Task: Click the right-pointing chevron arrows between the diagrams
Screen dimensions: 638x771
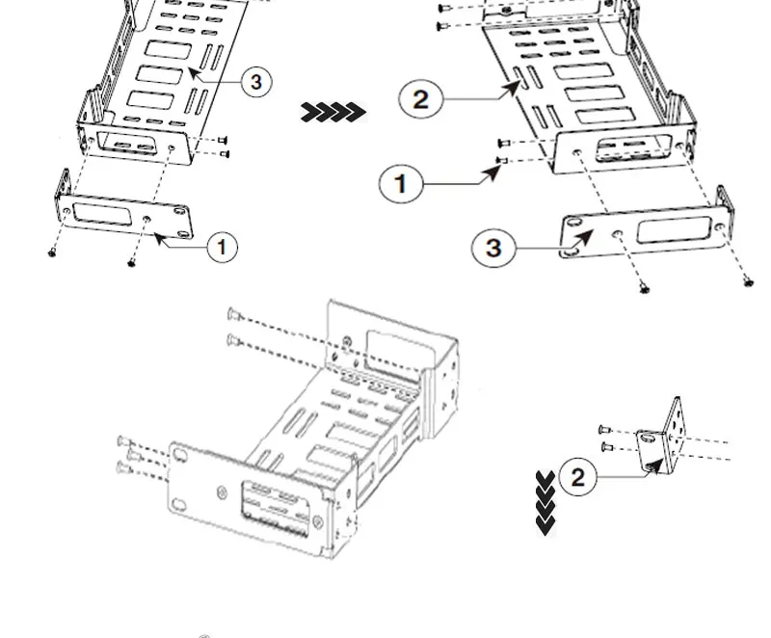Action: (x=333, y=113)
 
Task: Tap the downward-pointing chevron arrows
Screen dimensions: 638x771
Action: (x=545, y=502)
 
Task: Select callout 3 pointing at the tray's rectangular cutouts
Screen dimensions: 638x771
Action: (x=255, y=82)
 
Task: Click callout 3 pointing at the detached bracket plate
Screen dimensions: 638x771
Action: (x=493, y=248)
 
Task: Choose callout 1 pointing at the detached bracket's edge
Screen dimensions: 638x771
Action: (x=222, y=248)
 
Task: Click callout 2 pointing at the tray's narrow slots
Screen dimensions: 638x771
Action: (x=420, y=98)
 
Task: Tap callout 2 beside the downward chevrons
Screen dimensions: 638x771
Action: (x=577, y=477)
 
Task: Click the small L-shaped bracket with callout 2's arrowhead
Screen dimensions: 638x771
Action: (x=666, y=439)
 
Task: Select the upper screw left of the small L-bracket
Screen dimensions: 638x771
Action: (x=603, y=430)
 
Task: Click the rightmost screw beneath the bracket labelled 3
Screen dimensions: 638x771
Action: (x=748, y=281)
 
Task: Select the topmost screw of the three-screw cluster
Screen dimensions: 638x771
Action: (x=122, y=440)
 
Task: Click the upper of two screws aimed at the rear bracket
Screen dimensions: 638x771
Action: (x=232, y=313)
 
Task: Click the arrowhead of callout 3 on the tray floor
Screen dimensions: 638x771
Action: (x=193, y=71)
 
